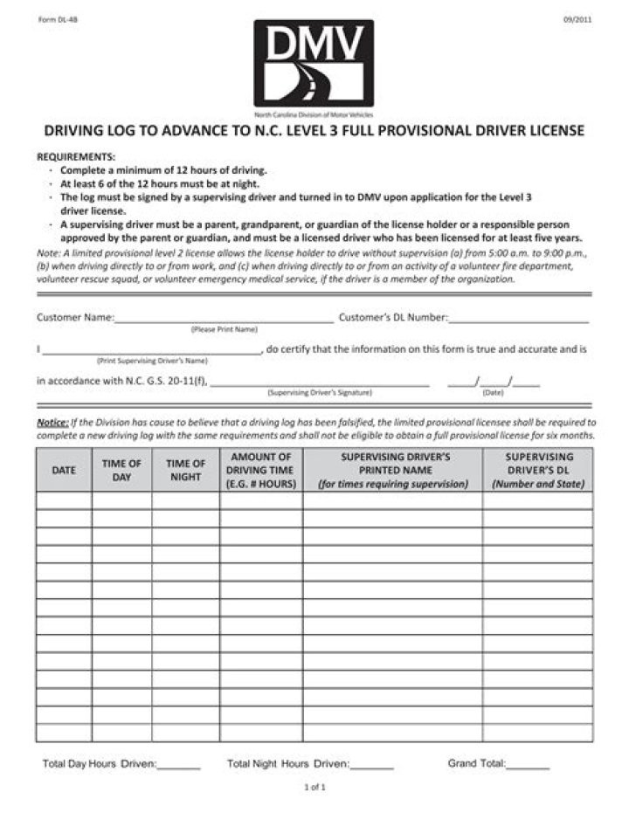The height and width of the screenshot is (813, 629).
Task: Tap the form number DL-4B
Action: [53, 19]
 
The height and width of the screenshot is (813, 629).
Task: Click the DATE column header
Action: [64, 470]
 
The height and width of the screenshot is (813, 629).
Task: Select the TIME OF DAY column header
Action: [121, 470]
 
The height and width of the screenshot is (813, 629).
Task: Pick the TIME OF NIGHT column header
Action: [185, 470]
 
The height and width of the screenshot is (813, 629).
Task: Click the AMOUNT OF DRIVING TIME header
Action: [261, 470]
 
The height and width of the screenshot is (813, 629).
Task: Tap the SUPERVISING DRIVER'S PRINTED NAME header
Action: [392, 470]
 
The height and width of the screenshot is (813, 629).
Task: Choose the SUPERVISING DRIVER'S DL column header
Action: [537, 470]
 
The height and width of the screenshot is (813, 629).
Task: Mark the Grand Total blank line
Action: [528, 766]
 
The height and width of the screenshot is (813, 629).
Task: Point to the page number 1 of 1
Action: [314, 788]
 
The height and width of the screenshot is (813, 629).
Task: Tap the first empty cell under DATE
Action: [64, 500]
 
